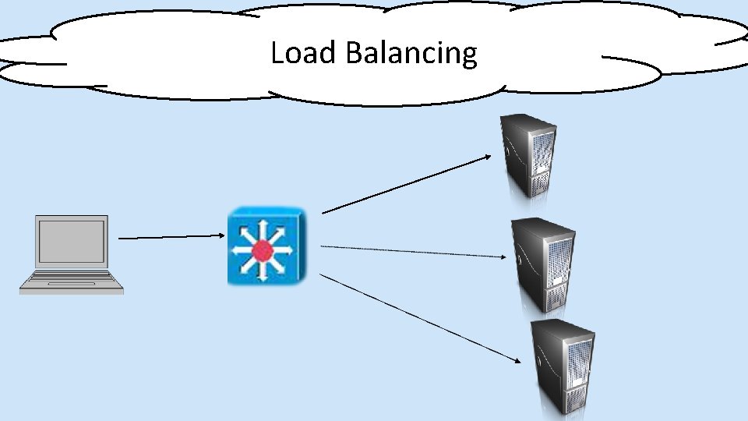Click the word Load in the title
coord(304,53)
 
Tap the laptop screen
coord(72,241)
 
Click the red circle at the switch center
coord(263,250)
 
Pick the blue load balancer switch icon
coord(266,246)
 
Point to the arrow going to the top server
coord(405,184)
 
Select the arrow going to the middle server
coord(413,250)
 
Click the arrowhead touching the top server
coord(487,156)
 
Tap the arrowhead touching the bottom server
coord(518,359)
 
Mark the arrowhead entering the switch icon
coord(221,235)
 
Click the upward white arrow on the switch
coord(263,227)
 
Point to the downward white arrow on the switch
coord(263,274)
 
